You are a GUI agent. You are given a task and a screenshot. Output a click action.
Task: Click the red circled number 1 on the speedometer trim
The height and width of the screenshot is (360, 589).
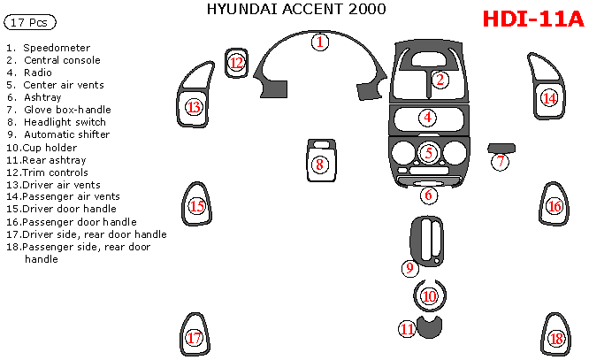coord(321,42)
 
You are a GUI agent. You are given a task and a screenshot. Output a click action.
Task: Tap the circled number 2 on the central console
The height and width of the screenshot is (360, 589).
coord(440,80)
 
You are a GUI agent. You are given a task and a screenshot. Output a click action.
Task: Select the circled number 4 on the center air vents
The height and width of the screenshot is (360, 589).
coord(427,117)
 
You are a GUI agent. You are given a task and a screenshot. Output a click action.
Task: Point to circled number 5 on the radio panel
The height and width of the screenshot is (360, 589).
coord(429,152)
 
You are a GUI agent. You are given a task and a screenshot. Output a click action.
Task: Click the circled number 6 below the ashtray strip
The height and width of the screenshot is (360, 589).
coord(429,195)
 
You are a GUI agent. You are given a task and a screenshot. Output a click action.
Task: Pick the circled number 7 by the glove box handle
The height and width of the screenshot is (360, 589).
coord(501,161)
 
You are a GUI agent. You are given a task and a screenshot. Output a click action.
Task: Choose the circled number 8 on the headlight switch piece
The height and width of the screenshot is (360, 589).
coord(319,164)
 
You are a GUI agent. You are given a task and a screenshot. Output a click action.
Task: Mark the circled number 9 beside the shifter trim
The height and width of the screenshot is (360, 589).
coord(409,267)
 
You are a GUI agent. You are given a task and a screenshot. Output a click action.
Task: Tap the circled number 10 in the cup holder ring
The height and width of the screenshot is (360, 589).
coord(429,296)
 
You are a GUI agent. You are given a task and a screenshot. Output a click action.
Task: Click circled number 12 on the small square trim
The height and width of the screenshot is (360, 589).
coord(236,62)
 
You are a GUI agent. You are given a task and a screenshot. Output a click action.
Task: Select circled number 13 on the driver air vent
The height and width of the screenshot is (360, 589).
coord(194,107)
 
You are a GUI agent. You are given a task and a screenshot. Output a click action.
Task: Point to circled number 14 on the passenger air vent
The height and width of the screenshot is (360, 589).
coord(550,97)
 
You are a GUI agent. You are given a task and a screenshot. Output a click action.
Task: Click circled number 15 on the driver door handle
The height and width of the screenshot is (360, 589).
coord(197,207)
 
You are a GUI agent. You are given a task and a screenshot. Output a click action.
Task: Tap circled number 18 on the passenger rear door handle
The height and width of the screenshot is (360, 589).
coord(555,339)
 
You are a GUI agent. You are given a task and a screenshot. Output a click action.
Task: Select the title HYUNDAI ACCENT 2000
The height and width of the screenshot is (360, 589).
coord(296,11)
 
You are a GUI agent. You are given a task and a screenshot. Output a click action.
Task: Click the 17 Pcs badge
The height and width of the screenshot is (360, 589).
coord(32,20)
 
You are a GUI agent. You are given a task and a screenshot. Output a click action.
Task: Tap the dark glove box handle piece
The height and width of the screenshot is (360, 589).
coord(501,147)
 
